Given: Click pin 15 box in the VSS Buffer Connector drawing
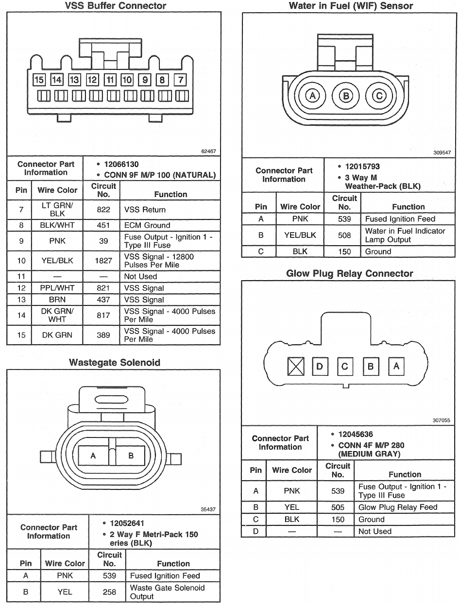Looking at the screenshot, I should click(x=39, y=80).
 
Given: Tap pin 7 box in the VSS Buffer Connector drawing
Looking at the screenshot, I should click(x=181, y=80).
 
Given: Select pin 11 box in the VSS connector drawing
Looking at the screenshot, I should click(x=110, y=80).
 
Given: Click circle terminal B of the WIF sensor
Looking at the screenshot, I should click(x=346, y=96).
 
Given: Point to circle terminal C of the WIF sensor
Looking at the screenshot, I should click(x=378, y=96).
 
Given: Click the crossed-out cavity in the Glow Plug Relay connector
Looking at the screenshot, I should click(x=295, y=366).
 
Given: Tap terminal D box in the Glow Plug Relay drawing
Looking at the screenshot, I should click(x=320, y=366).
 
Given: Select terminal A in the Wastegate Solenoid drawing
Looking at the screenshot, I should click(x=93, y=456).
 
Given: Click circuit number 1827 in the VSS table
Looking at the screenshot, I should click(x=103, y=261).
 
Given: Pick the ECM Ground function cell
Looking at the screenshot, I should click(x=147, y=225).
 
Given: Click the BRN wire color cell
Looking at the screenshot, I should click(x=57, y=300).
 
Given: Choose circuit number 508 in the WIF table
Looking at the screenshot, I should click(x=344, y=235).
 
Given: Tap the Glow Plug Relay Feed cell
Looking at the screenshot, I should click(x=398, y=507).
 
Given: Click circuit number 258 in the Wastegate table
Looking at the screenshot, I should click(x=109, y=592).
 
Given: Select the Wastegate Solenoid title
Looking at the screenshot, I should click(x=114, y=363).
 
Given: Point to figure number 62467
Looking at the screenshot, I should click(x=208, y=151).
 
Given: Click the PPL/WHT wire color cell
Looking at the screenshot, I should click(x=57, y=288).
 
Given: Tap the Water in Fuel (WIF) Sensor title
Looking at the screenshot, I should click(x=351, y=6).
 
